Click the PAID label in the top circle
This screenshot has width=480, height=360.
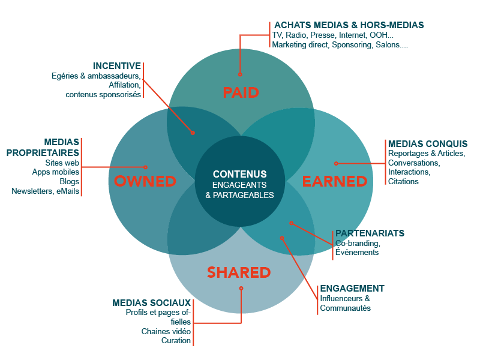pos(241,92)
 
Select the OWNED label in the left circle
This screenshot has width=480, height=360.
pos(145,181)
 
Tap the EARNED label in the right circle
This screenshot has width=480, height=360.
pos(334,181)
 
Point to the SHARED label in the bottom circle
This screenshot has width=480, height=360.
pos(239,272)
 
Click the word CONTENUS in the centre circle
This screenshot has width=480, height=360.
pos(239,174)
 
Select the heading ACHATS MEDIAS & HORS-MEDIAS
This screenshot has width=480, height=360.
pos(349,25)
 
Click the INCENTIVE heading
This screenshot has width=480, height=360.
pos(117,65)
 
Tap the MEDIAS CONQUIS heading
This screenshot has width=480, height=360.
pos(427,144)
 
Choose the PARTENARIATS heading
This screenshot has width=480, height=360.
pos(370,233)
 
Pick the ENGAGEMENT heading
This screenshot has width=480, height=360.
pos(352,289)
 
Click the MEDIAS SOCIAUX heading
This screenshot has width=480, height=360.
pos(152,302)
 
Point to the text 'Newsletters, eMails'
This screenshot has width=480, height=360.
pos(46,191)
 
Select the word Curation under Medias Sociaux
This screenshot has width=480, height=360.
pos(176,341)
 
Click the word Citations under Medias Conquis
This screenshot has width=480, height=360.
pos(403,181)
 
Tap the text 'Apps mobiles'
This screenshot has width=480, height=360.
pos(56,172)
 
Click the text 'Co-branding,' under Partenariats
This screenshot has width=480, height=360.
pos(357,243)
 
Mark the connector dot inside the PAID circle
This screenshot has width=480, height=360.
pos(240,75)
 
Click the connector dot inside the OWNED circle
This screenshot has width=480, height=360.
pos(145,167)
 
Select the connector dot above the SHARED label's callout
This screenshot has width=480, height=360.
pos(241,288)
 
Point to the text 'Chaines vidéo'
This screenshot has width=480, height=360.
pos(166,331)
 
